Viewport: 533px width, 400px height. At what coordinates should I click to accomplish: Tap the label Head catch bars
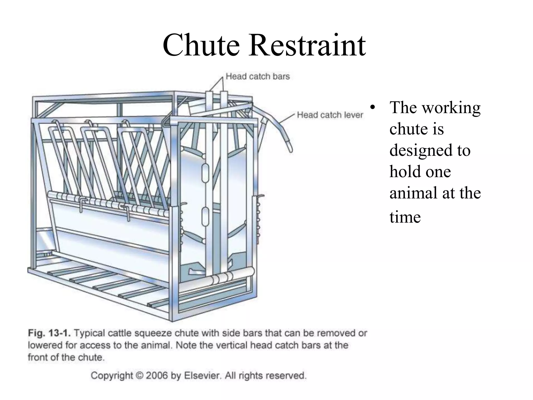tap(258, 76)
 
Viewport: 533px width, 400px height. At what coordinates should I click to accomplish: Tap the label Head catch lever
tap(330, 115)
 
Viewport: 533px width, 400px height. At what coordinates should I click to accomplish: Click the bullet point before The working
tap(373, 108)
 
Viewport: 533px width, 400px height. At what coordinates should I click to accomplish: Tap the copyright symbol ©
tap(140, 376)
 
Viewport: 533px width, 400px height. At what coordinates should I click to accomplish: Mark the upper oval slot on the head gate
tap(205, 173)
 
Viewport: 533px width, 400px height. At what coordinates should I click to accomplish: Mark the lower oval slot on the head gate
tap(205, 216)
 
